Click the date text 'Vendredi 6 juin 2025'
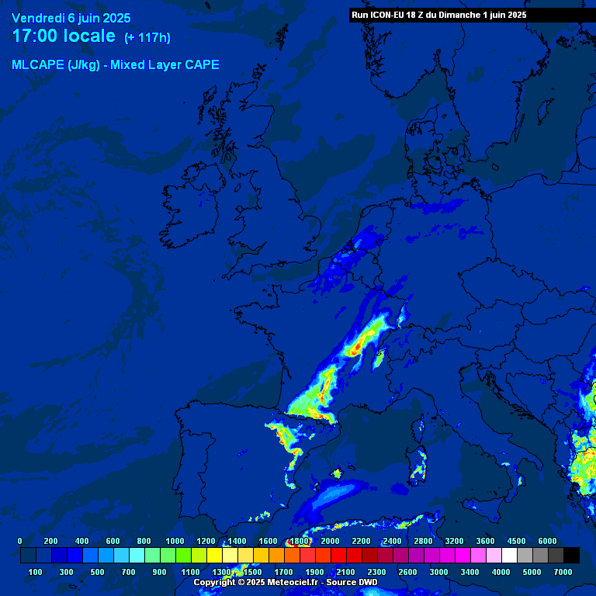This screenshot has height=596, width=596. coord(71,18)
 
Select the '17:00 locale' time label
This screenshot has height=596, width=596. coord(64,36)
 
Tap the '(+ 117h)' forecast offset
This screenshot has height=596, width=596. coord(147,37)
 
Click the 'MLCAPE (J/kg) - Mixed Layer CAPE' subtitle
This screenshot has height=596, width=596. coord(116,65)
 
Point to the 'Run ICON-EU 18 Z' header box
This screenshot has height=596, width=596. coord(439,15)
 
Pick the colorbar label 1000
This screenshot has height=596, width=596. coord(175,541)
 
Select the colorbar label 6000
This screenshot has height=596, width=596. coord(547,541)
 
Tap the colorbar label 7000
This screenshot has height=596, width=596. coord(563,572)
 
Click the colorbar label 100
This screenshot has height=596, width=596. coord(35,572)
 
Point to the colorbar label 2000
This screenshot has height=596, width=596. coord(330,541)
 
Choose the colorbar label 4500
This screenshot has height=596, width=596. coord(516,541)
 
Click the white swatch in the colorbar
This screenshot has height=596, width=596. coord(509,555)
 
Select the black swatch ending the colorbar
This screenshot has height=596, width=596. coord(571,555)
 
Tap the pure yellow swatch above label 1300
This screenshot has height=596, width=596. coord(214,555)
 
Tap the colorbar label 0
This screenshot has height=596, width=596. coord(19,541)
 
